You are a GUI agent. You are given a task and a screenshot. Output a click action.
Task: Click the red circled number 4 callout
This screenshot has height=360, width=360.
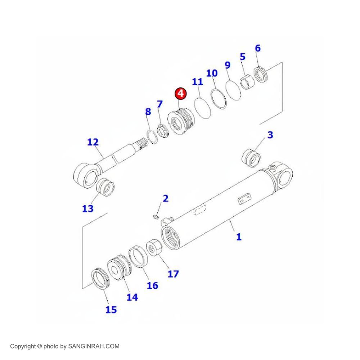pos(181,94)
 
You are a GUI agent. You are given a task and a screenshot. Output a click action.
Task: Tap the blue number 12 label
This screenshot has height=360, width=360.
pos(93,142)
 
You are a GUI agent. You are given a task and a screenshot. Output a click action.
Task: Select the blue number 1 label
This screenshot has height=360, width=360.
pos(239,237)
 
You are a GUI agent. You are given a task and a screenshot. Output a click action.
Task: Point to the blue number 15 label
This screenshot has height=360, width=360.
pos(111,310)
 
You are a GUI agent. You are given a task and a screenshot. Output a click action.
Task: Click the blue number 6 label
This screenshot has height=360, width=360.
pos(258,48)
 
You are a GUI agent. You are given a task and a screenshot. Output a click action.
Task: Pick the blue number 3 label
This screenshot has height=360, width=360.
pos(270,135)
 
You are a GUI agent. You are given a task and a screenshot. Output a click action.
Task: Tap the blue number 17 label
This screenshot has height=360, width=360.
pos(173,274)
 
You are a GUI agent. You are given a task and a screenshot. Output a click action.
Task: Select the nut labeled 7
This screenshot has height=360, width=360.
pos(163,131)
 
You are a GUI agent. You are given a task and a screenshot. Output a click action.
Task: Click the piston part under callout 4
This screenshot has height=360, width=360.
pos(181,121)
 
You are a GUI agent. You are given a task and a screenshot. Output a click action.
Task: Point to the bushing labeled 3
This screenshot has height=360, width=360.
pos(251,158)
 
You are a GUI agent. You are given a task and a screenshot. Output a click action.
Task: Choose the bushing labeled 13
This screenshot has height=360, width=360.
pos(105,187)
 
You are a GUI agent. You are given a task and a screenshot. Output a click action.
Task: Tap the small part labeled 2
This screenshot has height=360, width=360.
pos(156,216)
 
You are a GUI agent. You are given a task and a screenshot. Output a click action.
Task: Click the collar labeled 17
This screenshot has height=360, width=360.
pos(154,247)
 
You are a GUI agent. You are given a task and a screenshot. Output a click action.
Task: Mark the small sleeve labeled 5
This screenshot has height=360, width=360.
pos(247,82)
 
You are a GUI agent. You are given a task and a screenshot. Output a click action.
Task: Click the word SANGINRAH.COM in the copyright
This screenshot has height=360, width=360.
pos(94,346)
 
